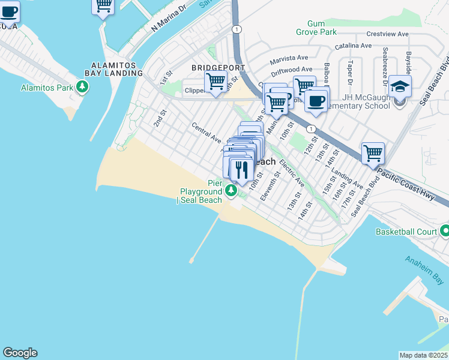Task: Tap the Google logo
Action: [20, 353]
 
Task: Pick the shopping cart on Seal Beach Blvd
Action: [373, 153]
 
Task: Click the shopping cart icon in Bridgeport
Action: [215, 81]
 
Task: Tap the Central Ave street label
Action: [206, 132]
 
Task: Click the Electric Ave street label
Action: [292, 175]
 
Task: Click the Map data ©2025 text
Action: [424, 355]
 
